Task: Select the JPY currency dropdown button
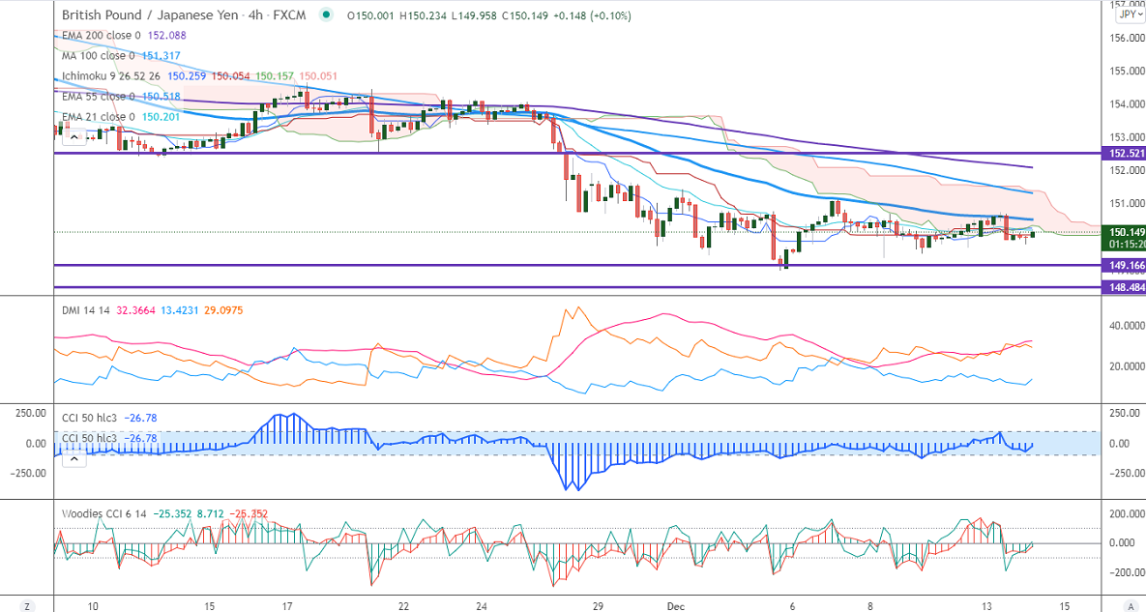1128,15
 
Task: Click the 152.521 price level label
1124,154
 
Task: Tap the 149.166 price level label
1124,265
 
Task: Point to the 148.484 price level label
1124,287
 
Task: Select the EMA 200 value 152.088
166,35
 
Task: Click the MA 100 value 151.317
162,55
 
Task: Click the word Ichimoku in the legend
87,75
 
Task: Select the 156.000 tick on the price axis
1122,39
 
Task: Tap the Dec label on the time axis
676,605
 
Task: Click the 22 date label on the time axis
403,605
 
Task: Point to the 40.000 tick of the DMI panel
1122,326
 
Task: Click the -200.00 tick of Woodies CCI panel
1122,572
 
